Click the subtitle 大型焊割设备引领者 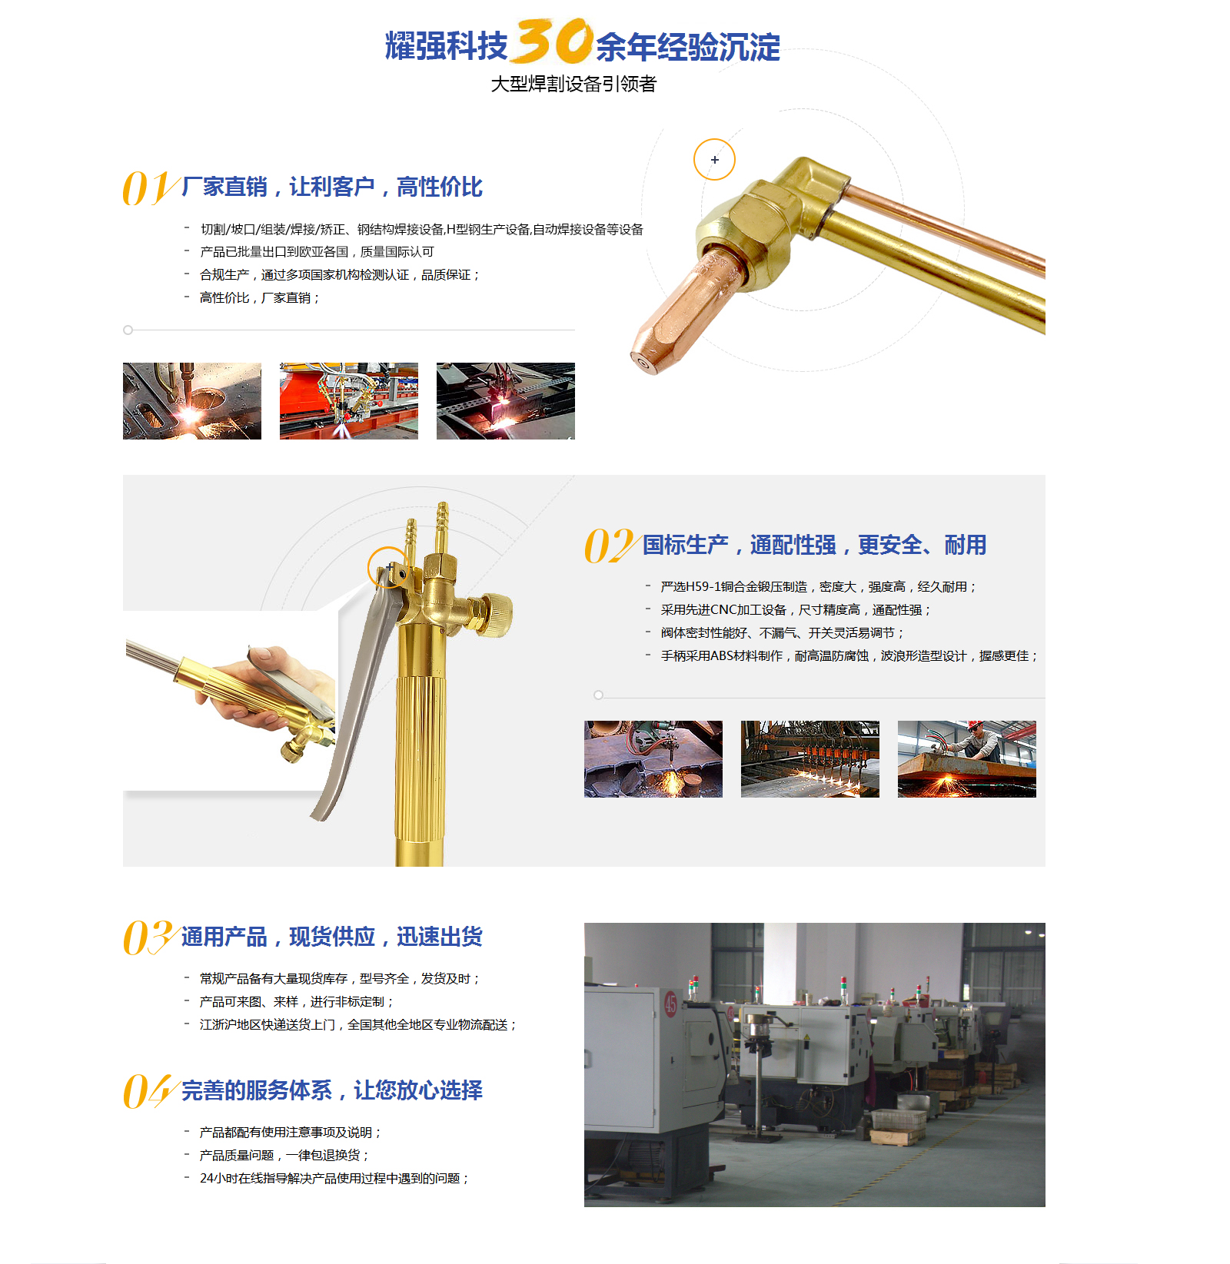(x=573, y=84)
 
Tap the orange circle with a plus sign (x=714, y=160)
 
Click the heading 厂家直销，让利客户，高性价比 (x=332, y=187)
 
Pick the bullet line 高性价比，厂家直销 (x=259, y=297)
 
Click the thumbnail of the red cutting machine (x=349, y=401)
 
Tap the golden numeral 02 (x=610, y=546)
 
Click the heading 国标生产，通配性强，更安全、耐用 (x=814, y=545)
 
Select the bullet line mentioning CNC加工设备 (x=796, y=609)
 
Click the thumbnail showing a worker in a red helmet (x=967, y=759)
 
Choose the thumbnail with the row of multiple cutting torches (x=810, y=759)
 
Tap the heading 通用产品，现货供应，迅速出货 (x=332, y=937)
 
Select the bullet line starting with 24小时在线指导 (x=334, y=1178)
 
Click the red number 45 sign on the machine (x=670, y=1004)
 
